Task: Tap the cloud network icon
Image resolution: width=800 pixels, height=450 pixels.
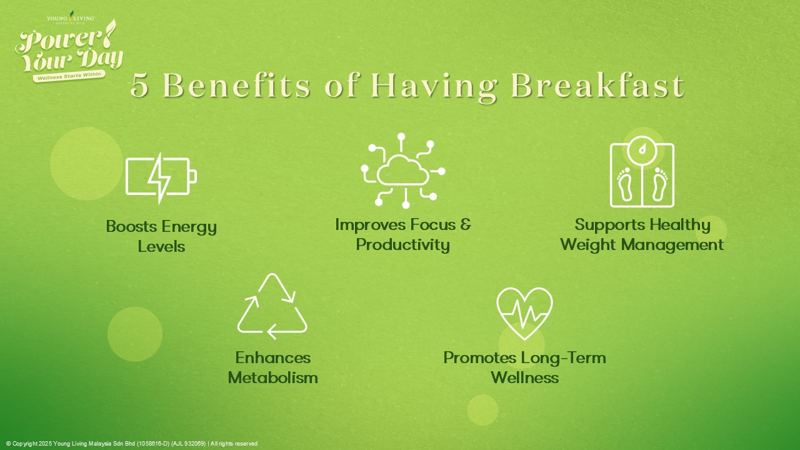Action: [403, 171]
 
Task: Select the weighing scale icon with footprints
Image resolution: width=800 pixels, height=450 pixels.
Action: [642, 172]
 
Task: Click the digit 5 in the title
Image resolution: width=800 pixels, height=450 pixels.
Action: [139, 86]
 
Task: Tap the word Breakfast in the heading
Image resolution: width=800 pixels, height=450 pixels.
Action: [597, 86]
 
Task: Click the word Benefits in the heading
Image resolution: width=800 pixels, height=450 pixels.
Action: [236, 86]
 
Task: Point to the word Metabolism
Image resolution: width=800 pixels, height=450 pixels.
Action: [273, 377]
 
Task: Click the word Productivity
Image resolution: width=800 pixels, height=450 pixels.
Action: [403, 245]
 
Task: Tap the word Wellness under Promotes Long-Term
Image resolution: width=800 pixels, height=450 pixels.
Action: [524, 377]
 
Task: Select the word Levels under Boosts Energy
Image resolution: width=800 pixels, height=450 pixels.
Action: [161, 246]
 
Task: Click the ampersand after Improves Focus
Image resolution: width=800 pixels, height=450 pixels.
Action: [466, 224]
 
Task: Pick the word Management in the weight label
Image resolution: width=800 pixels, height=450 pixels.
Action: [672, 245]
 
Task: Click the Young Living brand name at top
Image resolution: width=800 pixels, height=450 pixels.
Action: [71, 18]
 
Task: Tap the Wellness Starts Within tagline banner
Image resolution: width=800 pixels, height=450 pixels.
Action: [69, 76]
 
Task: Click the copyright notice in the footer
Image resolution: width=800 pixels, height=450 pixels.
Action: [132, 444]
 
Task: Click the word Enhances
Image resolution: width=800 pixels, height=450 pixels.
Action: [273, 357]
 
